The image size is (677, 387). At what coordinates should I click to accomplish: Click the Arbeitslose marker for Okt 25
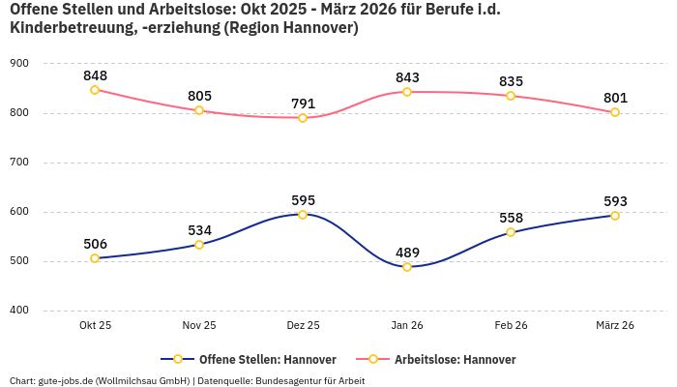[95, 90]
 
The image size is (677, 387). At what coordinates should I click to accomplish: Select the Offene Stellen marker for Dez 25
[303, 215]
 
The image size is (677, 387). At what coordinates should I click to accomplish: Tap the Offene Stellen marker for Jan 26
[407, 267]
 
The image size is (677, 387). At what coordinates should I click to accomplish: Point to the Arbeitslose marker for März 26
[615, 112]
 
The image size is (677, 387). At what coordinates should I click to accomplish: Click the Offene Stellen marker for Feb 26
[511, 232]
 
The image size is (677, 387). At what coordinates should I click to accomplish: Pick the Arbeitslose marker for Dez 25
[303, 118]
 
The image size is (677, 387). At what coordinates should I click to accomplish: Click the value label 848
[95, 75]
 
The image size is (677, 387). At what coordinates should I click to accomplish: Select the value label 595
[303, 200]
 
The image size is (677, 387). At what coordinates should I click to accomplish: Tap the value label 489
[407, 253]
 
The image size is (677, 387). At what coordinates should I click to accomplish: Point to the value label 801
[615, 98]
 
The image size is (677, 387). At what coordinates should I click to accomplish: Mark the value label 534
[199, 230]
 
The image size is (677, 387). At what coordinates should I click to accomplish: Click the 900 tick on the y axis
[18, 64]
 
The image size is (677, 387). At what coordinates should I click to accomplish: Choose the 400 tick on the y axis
[18, 311]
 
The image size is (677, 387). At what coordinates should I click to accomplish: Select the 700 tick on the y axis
[18, 163]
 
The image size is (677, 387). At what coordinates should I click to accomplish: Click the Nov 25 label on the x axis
[199, 325]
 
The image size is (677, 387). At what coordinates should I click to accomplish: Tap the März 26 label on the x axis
[615, 325]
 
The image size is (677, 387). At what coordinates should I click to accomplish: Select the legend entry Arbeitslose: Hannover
[445, 359]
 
